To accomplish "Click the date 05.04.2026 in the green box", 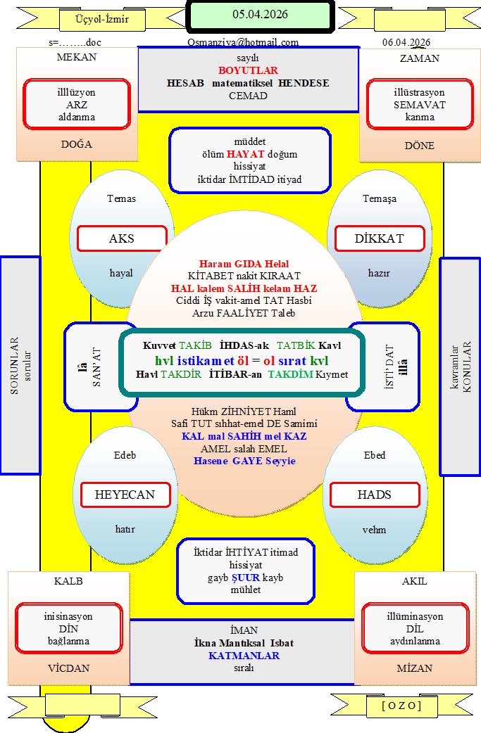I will (260, 14).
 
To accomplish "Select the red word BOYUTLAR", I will (248, 70).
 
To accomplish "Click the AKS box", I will (122, 238).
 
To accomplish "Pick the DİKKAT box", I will (379, 238).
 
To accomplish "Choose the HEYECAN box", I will (125, 495).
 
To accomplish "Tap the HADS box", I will (374, 495).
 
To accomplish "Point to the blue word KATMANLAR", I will (244, 656).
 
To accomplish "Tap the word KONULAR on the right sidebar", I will (466, 366).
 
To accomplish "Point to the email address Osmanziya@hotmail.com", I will (243, 42).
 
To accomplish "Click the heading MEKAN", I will (76, 58).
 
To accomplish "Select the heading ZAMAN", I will (419, 58).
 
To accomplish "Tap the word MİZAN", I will (414, 668).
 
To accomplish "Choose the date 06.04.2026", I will (406, 42).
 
